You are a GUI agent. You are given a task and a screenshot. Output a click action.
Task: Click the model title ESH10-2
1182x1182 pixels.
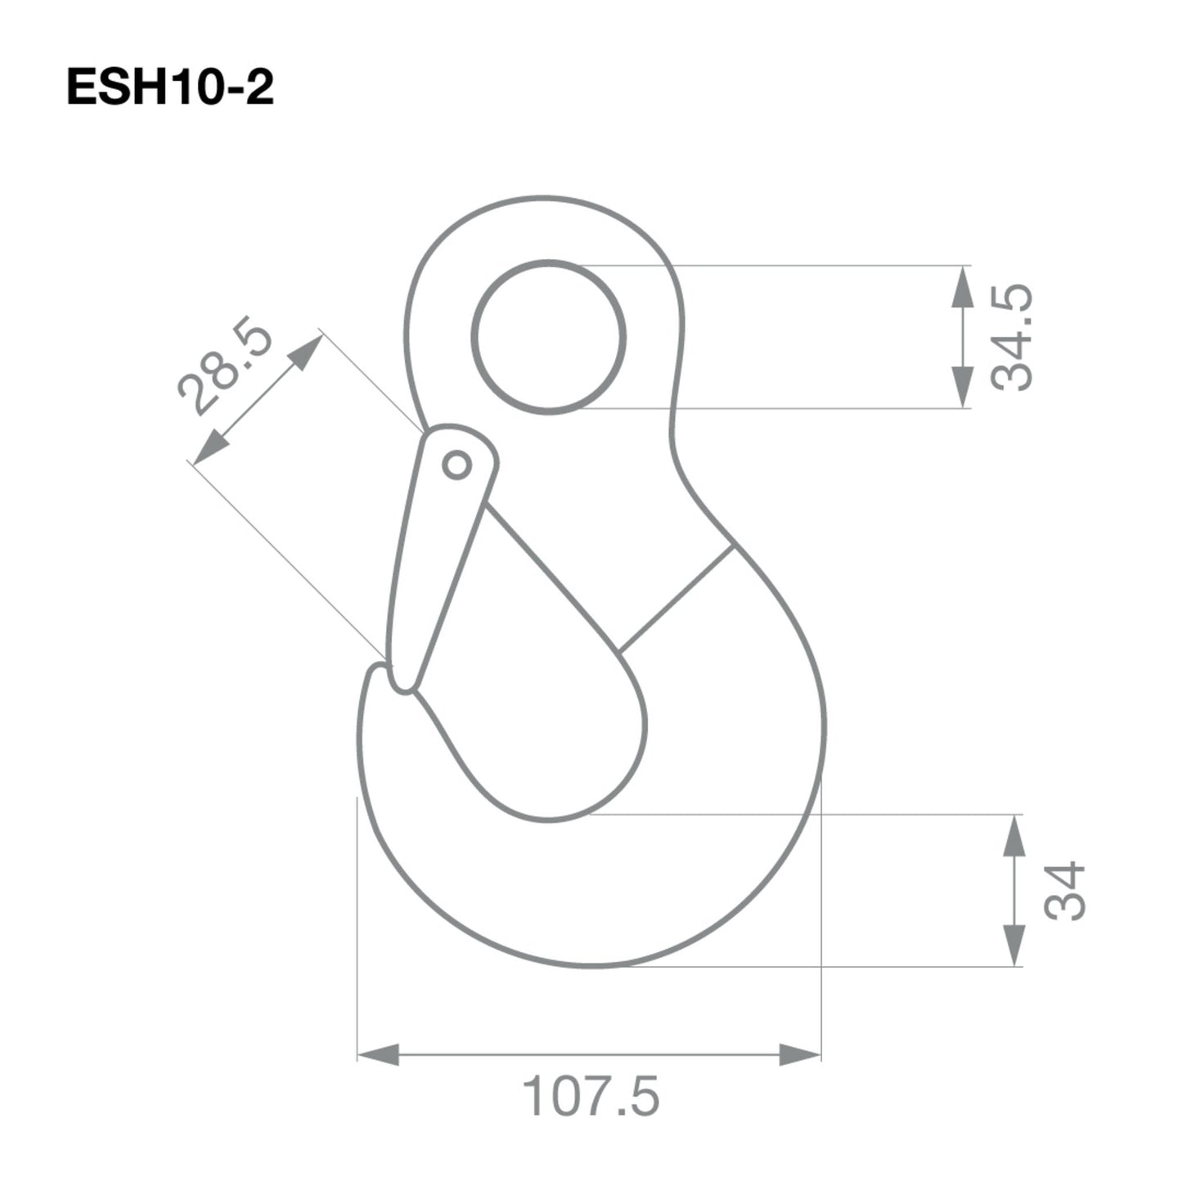(x=169, y=88)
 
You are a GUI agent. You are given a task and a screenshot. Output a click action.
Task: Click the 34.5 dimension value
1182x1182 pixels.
(x=1012, y=338)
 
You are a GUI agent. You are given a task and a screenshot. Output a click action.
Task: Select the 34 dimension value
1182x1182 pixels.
(x=1064, y=891)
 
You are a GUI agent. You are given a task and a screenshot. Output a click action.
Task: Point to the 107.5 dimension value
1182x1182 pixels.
(x=591, y=1097)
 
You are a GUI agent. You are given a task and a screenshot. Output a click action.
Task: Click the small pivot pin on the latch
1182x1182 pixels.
(x=456, y=465)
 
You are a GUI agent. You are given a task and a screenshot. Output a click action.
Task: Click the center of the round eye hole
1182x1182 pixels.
(x=549, y=337)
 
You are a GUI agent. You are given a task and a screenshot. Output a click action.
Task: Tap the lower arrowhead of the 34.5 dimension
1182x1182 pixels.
(x=964, y=389)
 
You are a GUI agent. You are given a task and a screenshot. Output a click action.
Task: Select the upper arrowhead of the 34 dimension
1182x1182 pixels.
(x=1013, y=834)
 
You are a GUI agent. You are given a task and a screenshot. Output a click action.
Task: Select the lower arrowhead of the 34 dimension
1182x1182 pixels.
(x=1013, y=947)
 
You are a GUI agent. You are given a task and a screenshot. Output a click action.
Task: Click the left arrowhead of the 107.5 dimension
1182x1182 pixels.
(x=378, y=1054)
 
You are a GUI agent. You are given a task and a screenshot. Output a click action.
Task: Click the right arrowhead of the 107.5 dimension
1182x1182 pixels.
(x=800, y=1054)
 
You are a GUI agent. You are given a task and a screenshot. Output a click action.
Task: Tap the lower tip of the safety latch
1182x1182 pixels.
(x=403, y=685)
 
